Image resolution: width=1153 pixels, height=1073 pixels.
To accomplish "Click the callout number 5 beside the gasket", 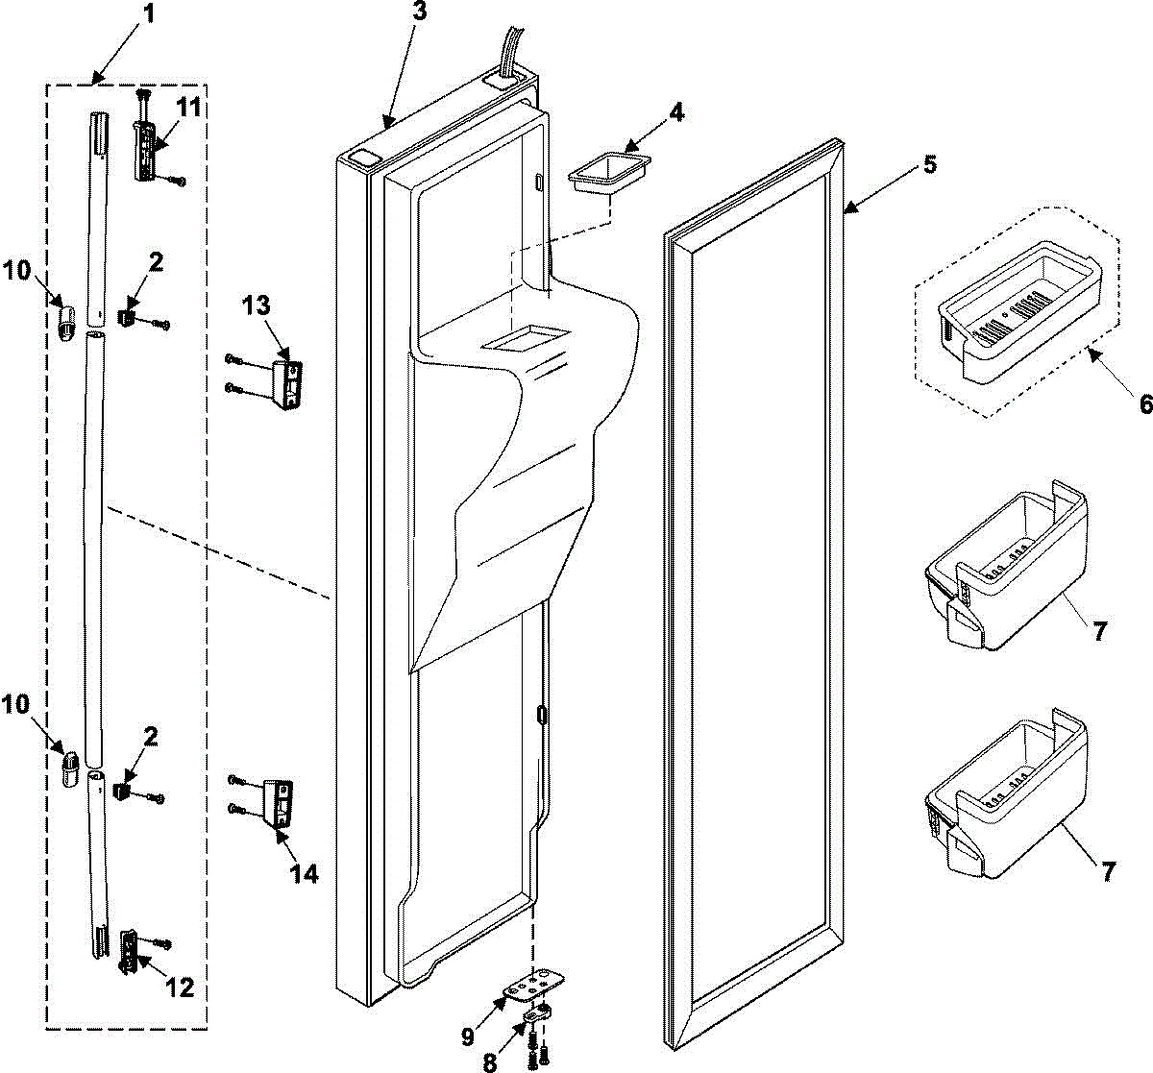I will click(929, 164).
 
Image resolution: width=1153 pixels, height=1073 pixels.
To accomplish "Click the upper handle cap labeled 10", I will click(65, 318).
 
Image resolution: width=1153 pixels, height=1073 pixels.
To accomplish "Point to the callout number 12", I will click(180, 987).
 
